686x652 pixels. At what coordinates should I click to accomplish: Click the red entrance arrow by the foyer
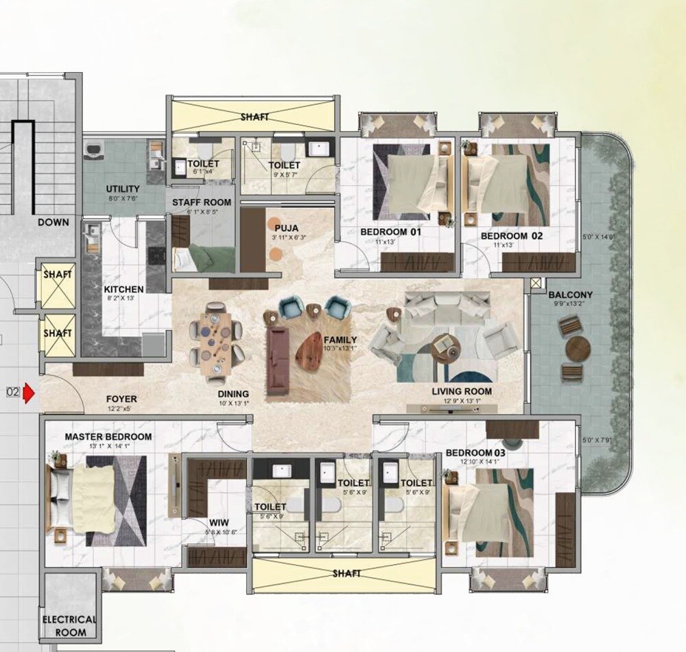click(29, 393)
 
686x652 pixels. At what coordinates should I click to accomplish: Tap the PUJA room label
click(285, 227)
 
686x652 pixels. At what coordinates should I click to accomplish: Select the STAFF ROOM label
click(201, 202)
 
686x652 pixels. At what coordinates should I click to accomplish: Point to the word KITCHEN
click(123, 290)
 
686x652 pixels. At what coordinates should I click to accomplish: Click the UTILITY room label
click(123, 189)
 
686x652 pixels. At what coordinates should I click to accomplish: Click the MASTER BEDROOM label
click(108, 436)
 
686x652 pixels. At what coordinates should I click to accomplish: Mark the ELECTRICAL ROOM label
click(69, 625)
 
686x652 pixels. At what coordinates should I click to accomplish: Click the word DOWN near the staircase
click(54, 222)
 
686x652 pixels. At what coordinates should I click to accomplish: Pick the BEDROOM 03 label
click(475, 453)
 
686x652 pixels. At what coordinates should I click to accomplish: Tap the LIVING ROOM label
click(462, 392)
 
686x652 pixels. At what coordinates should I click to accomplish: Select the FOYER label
click(121, 399)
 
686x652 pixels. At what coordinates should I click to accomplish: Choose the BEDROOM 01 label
click(390, 233)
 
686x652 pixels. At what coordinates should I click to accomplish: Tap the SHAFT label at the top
click(254, 117)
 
